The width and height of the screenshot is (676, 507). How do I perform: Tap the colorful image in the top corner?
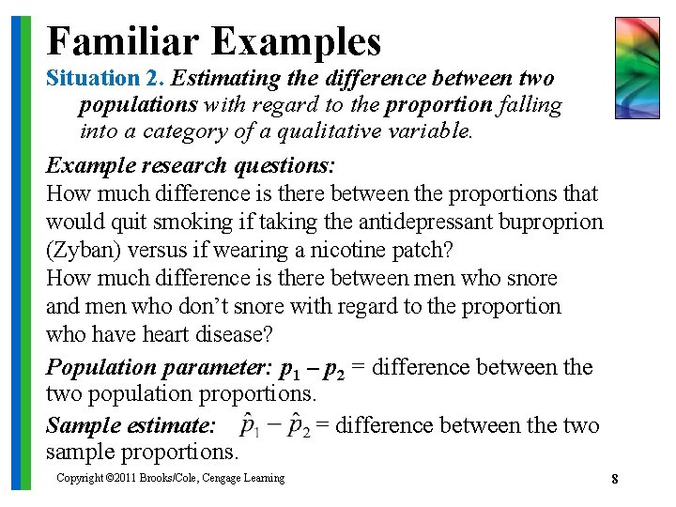[x=637, y=68]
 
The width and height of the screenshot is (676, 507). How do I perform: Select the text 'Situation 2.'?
[x=106, y=79]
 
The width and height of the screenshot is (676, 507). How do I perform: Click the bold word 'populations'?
[x=138, y=105]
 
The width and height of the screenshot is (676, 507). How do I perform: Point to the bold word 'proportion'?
[x=438, y=105]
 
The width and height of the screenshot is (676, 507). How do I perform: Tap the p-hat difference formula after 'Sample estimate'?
[x=274, y=426]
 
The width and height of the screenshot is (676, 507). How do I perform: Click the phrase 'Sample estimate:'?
[x=131, y=426]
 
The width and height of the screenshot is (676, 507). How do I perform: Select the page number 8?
[x=614, y=480]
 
